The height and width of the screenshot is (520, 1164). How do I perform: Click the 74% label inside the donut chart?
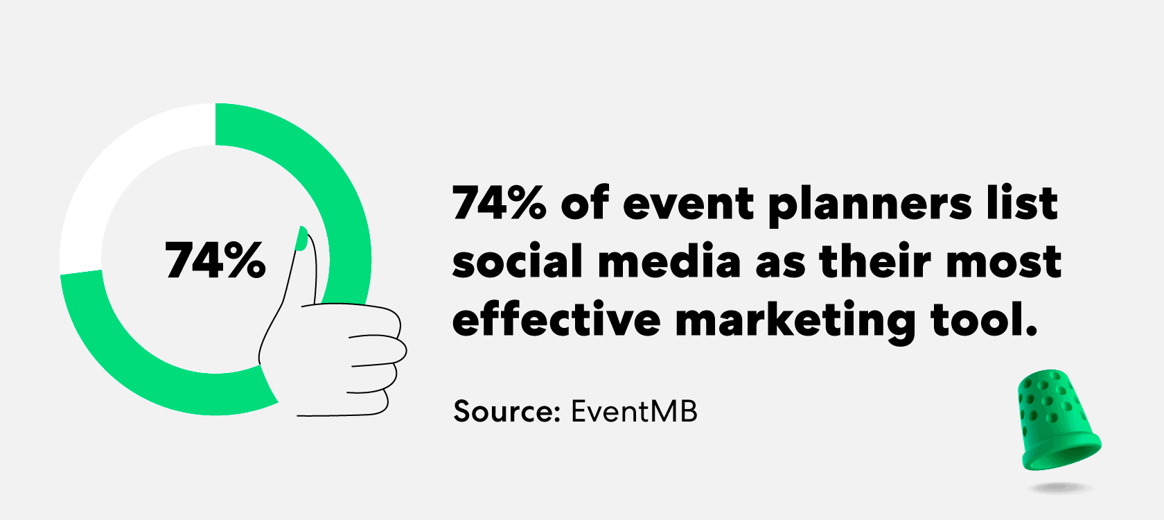click(215, 260)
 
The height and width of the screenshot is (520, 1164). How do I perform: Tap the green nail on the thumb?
click(301, 239)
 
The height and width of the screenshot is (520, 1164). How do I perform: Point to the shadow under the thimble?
click(1061, 488)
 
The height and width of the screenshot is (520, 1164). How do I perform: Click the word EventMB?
click(634, 411)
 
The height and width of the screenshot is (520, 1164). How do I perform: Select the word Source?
click(506, 411)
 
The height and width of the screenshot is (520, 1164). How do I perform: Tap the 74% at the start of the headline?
click(500, 202)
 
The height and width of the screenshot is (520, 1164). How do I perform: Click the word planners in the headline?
click(870, 206)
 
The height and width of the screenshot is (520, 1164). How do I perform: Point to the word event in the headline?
click(688, 205)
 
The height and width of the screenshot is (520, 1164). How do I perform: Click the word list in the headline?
click(1021, 202)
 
